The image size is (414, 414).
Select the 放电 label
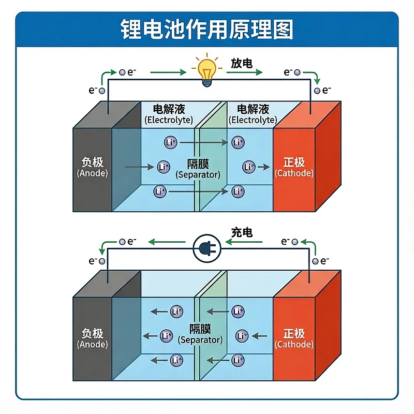[x=241, y=64]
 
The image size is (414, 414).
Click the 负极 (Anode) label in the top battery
[x=93, y=167]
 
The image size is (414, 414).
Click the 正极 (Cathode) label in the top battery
[x=294, y=167]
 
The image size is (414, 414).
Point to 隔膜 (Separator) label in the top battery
[x=198, y=169]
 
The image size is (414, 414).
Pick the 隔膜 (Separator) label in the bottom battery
[x=200, y=334]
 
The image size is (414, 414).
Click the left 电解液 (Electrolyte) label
[x=169, y=114]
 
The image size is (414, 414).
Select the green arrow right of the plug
[x=247, y=242]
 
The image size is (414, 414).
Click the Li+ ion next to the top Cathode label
[x=249, y=167]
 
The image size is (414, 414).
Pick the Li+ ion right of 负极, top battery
[x=164, y=167]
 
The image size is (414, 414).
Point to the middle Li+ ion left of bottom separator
[x=166, y=335]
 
